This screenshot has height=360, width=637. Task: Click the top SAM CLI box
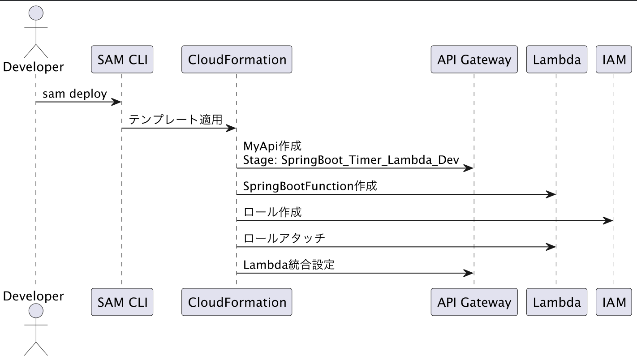pyautogui.click(x=122, y=60)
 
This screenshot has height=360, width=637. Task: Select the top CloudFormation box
pyautogui.click(x=237, y=60)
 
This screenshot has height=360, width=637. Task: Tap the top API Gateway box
pyautogui.click(x=474, y=60)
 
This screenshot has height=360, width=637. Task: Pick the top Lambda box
pyautogui.click(x=556, y=60)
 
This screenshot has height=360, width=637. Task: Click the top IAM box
pyautogui.click(x=614, y=60)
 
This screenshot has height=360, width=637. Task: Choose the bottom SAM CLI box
pyautogui.click(x=122, y=302)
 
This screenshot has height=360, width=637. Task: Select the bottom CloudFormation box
pyautogui.click(x=237, y=302)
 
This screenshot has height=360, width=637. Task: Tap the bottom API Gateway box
pyautogui.click(x=474, y=302)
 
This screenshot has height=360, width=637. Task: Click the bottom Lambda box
pyautogui.click(x=556, y=302)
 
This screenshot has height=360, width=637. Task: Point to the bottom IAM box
pyautogui.click(x=614, y=302)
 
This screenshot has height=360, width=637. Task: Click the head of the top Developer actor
pyautogui.click(x=36, y=13)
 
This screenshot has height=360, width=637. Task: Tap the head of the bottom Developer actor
pyautogui.click(x=36, y=310)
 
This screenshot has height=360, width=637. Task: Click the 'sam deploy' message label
pyautogui.click(x=74, y=94)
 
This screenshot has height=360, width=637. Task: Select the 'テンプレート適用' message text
pyautogui.click(x=176, y=120)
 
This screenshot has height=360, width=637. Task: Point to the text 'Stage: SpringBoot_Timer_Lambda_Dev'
pyautogui.click(x=351, y=160)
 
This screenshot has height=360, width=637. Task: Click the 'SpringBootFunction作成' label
pyautogui.click(x=310, y=186)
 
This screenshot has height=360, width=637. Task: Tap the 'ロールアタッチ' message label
pyautogui.click(x=284, y=238)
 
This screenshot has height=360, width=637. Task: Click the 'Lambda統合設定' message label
pyautogui.click(x=288, y=265)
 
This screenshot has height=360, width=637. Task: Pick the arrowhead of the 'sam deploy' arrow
pyautogui.click(x=116, y=102)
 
